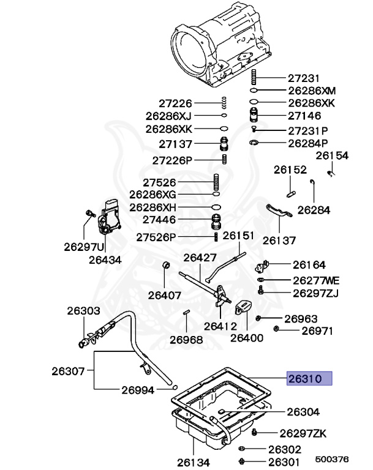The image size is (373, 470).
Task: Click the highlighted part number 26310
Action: [310, 378]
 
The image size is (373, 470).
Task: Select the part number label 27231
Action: [304, 78]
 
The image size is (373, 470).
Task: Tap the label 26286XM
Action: [312, 91]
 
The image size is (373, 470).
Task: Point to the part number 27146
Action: [304, 115]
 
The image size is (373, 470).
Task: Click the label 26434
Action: [105, 259]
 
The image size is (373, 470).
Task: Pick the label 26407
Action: [164, 295]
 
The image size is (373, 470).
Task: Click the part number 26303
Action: [83, 311]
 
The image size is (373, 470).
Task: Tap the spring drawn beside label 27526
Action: [216, 182]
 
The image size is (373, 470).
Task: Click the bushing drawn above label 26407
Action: [164, 265]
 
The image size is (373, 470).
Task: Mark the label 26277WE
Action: [315, 280]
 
